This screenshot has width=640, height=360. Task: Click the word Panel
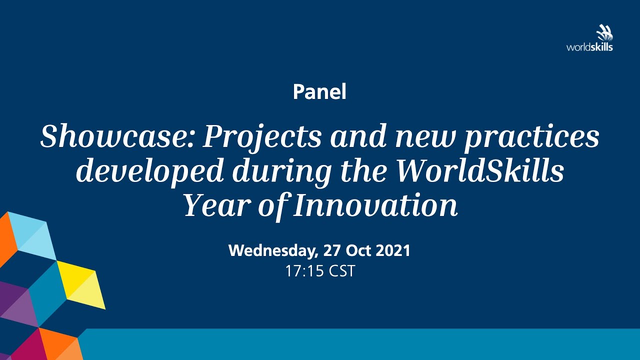point(319,91)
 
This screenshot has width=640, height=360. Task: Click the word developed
point(149,171)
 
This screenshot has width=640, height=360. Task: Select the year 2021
point(393,250)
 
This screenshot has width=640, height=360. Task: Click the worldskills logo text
point(589,47)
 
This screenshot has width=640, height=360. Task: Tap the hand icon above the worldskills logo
point(604,33)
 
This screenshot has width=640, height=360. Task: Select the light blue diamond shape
point(31,235)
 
